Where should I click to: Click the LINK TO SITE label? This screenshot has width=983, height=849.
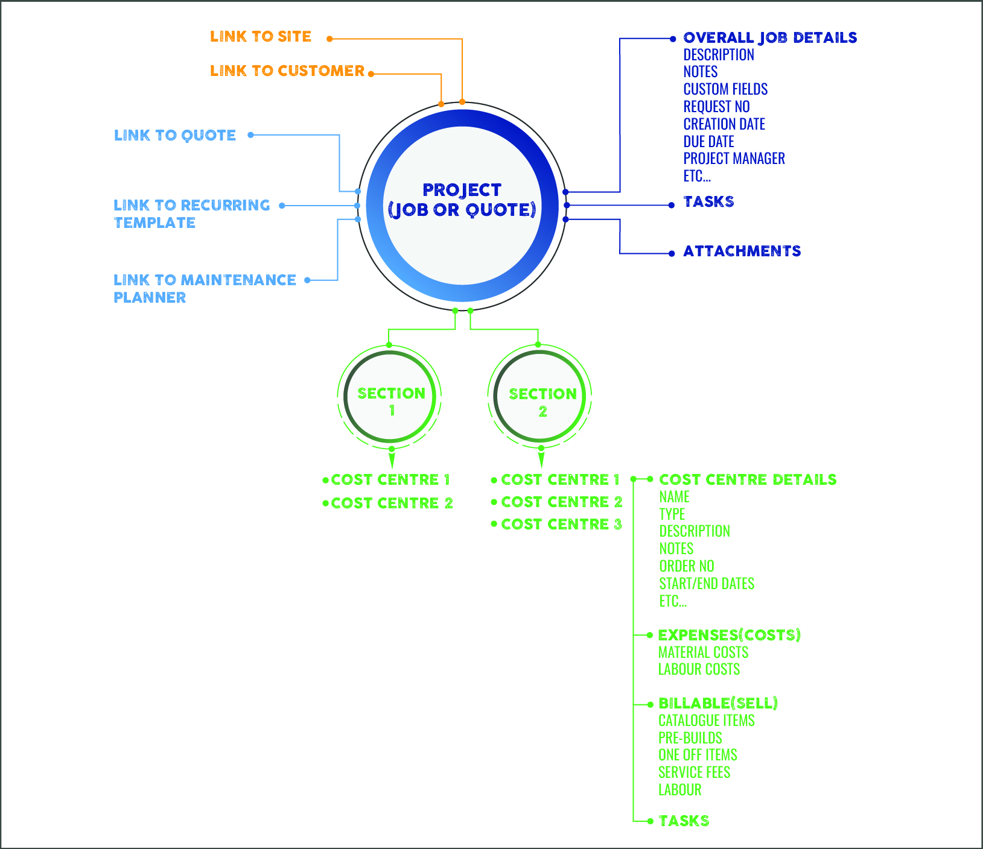coord(261,37)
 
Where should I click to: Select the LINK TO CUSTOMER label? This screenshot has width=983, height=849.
coord(287,71)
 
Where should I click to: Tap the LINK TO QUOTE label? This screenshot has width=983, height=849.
coord(175,135)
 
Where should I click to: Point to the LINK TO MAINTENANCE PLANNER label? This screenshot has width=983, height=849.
coord(205,288)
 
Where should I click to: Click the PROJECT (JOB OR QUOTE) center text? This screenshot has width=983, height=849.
coord(462,200)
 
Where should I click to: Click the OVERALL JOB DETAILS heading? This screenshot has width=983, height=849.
coord(770,38)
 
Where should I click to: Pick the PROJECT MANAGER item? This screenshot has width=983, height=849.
coord(734,159)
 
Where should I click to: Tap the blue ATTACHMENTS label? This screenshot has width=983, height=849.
coord(742,251)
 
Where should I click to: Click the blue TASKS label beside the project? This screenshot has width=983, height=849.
coord(708,201)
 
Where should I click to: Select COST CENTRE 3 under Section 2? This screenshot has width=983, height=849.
coord(561,524)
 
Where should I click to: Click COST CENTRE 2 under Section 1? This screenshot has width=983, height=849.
coord(392,503)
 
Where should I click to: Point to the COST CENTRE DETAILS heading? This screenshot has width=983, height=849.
coord(748,479)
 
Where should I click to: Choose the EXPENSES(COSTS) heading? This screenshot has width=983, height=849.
coord(729,635)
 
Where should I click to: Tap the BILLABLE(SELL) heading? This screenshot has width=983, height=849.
coord(718,703)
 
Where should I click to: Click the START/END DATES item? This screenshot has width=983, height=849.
coord(707,584)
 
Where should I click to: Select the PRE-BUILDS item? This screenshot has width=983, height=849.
coord(690,738)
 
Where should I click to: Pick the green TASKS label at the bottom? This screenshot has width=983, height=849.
coord(684,821)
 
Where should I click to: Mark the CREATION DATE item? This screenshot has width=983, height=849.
coord(724,124)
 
